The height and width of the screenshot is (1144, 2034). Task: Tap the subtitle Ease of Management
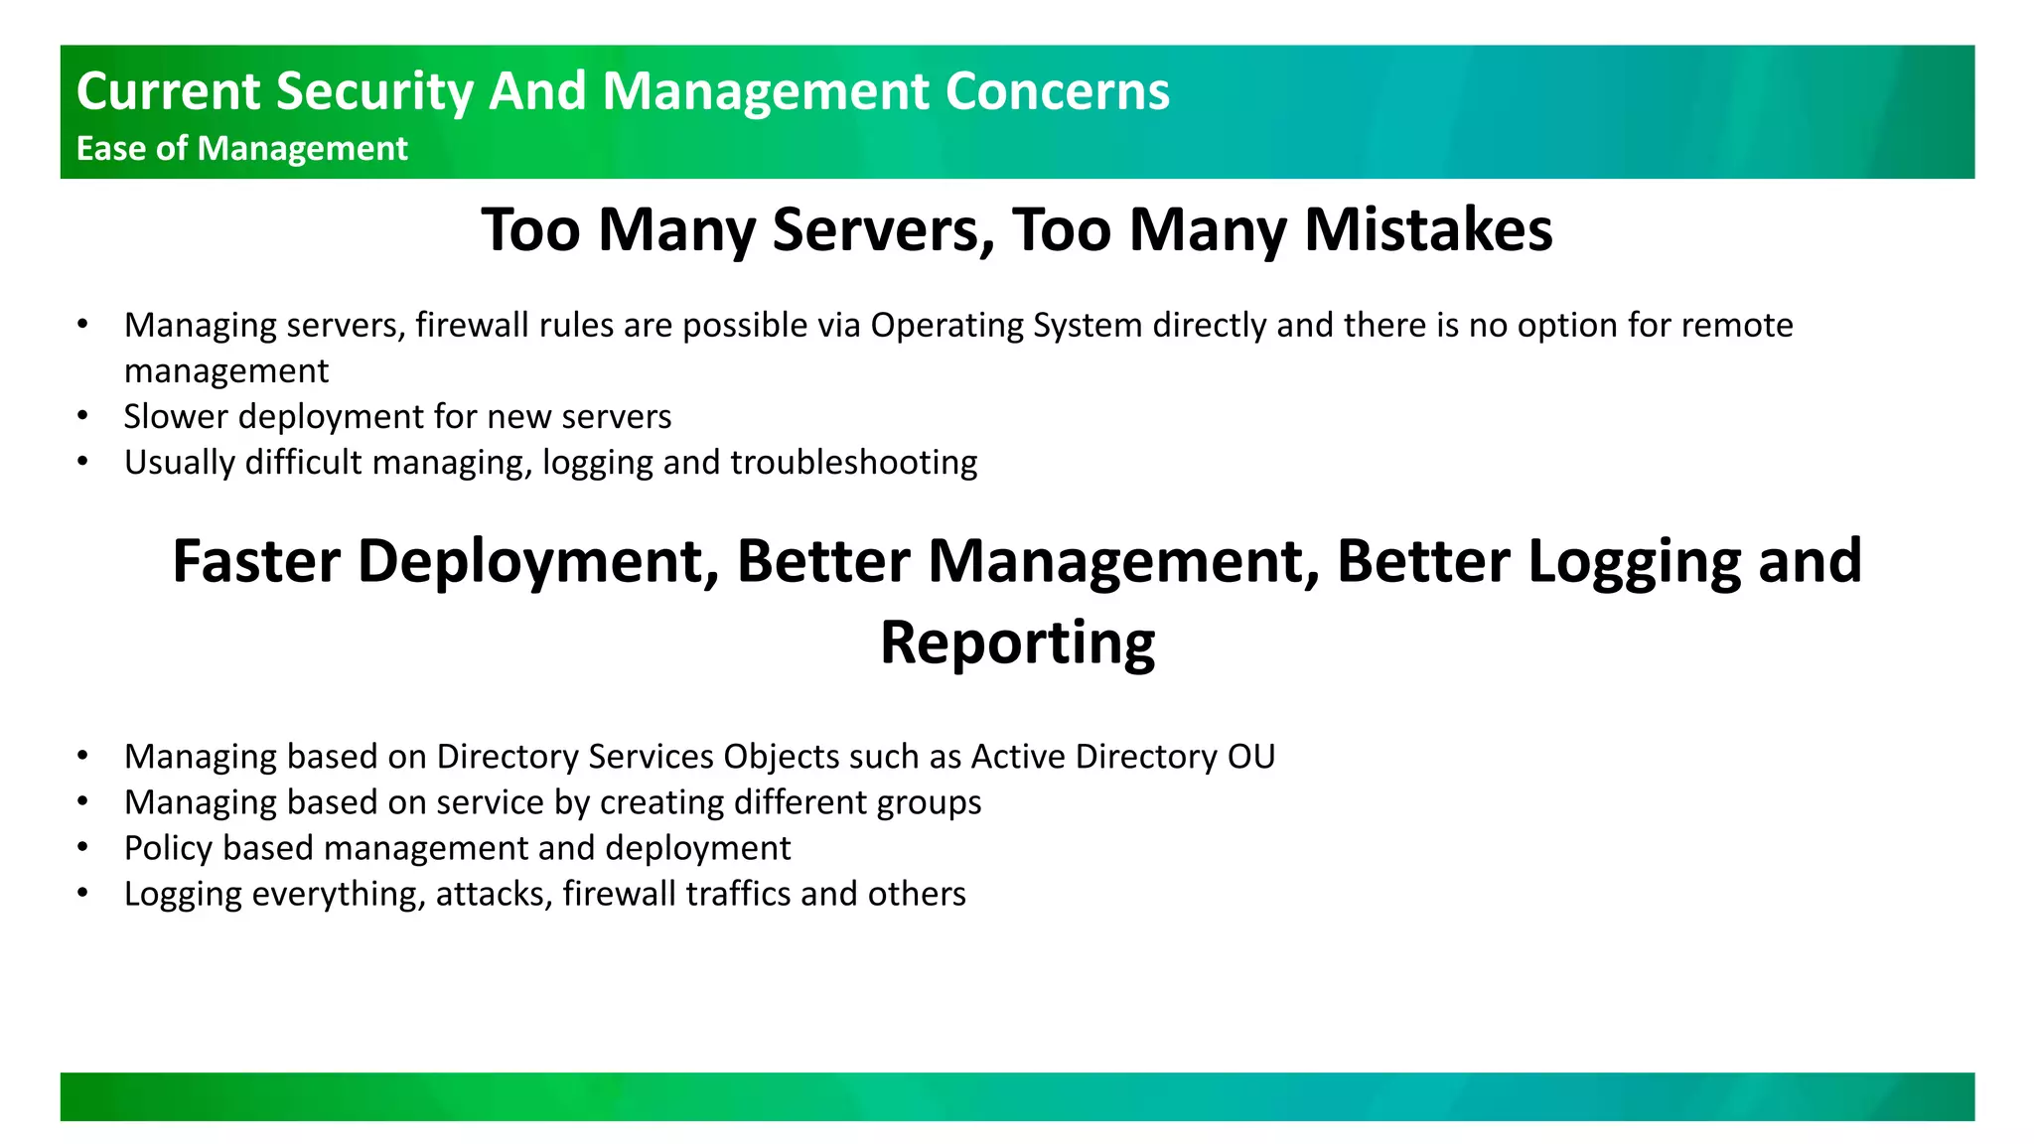click(x=241, y=149)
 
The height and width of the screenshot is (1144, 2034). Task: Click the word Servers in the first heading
click(x=883, y=230)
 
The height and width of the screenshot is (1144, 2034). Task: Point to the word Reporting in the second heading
click(x=1017, y=643)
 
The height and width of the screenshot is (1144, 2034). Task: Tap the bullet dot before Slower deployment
click(x=83, y=416)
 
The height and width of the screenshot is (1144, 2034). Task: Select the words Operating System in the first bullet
click(x=1006, y=326)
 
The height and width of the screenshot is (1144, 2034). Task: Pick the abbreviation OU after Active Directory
click(x=1250, y=757)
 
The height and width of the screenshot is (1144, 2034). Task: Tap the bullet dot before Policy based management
click(x=83, y=847)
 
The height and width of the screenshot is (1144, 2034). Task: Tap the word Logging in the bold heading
click(x=1634, y=562)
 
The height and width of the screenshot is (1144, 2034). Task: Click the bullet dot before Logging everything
click(x=83, y=893)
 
